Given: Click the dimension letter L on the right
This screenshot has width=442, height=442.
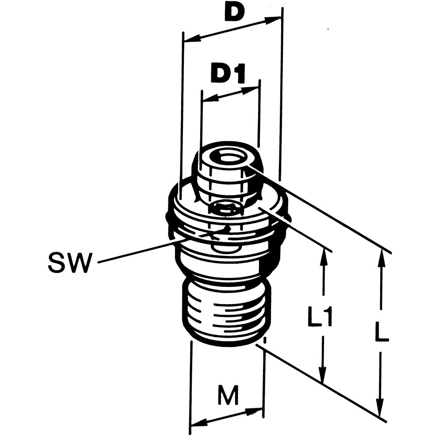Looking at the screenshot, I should click(381, 331).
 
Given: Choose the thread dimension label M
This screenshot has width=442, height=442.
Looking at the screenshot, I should click(229, 395).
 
